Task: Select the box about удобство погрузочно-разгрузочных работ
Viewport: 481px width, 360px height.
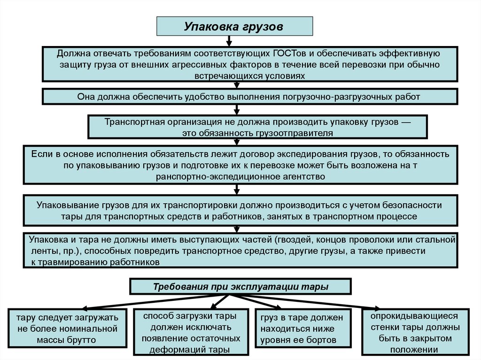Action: [250, 97]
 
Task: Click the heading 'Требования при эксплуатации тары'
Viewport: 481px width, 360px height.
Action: [240, 286]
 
